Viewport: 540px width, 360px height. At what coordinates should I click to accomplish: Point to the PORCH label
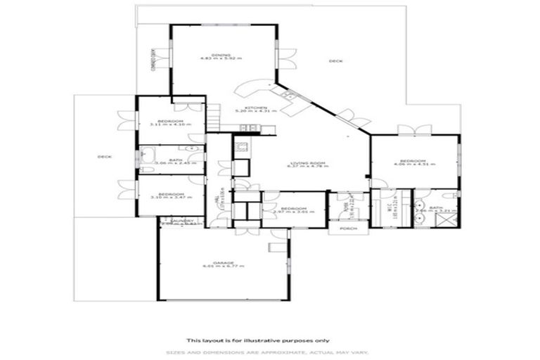348,229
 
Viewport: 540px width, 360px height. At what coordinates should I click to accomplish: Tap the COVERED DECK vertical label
153,60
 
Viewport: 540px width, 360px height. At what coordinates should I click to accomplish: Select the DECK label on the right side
335,62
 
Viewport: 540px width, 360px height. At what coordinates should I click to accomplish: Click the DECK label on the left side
104,156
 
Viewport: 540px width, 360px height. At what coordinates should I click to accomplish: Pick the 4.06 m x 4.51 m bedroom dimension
415,165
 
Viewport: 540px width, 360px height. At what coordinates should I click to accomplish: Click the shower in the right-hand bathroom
446,219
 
